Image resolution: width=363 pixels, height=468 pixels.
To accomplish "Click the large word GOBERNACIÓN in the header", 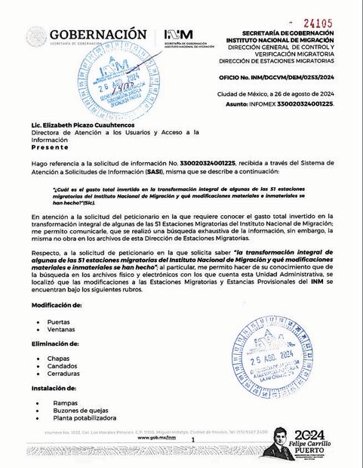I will pyautogui.click(x=98, y=34).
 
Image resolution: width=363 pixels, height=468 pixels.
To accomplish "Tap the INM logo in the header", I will pyautogui.click(x=178, y=35).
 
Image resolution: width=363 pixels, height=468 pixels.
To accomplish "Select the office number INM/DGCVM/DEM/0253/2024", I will pyautogui.click(x=309, y=76).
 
